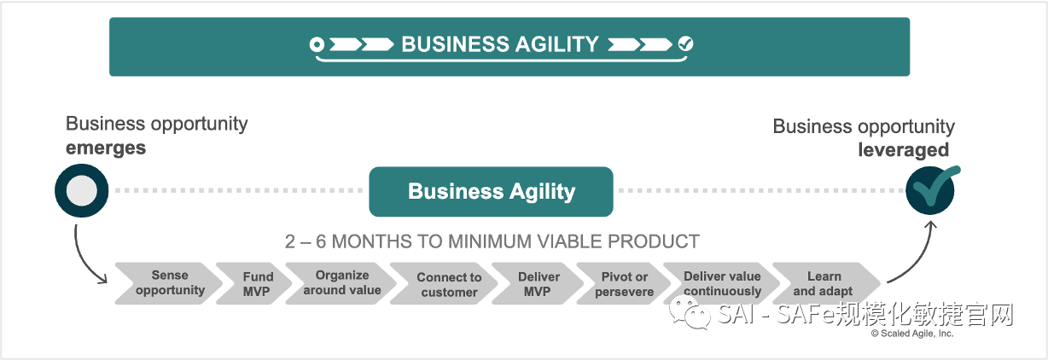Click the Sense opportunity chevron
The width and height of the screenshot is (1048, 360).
[168, 283]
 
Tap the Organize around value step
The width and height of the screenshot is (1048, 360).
[341, 283]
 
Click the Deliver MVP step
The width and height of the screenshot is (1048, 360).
[538, 284]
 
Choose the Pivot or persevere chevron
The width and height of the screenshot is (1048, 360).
[623, 284]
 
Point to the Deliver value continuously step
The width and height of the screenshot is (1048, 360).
[722, 284]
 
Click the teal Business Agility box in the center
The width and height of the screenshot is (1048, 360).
[491, 191]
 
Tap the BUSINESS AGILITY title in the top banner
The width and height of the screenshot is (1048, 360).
[500, 44]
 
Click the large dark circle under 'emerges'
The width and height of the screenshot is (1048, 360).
[81, 190]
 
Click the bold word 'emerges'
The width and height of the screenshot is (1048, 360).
[106, 148]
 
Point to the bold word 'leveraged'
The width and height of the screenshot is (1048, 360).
[903, 150]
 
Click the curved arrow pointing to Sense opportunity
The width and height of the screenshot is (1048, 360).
[85, 256]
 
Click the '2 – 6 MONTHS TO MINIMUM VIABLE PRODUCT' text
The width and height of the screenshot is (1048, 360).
[492, 241]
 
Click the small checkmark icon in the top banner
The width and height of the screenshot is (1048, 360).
[685, 44]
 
